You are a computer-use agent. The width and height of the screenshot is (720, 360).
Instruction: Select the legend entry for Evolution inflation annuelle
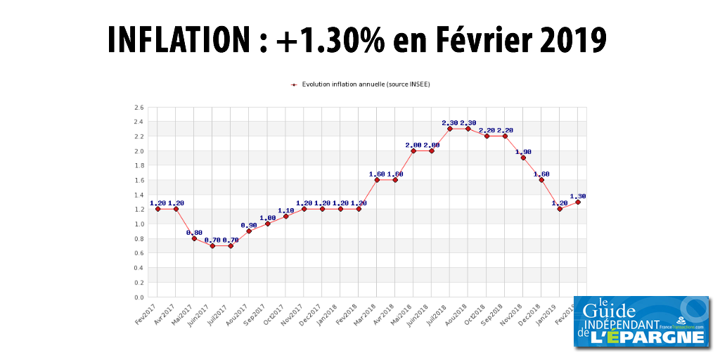click(361, 84)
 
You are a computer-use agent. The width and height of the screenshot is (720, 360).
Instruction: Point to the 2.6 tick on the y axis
click(139, 108)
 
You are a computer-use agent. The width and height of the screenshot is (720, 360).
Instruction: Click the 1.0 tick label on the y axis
click(139, 224)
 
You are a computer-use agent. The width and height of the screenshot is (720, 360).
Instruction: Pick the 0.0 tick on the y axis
click(139, 297)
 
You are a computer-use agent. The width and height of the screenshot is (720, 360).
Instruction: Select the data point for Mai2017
click(194, 238)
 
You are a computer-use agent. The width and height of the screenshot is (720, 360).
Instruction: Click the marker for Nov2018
click(523, 157)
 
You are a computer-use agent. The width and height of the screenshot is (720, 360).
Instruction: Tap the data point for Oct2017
click(285, 217)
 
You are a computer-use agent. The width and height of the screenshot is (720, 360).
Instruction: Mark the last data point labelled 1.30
click(578, 202)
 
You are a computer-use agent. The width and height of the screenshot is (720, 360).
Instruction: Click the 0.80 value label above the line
click(194, 232)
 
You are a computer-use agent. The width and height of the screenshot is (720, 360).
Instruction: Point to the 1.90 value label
click(523, 151)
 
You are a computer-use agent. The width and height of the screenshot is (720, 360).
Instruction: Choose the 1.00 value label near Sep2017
click(267, 217)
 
